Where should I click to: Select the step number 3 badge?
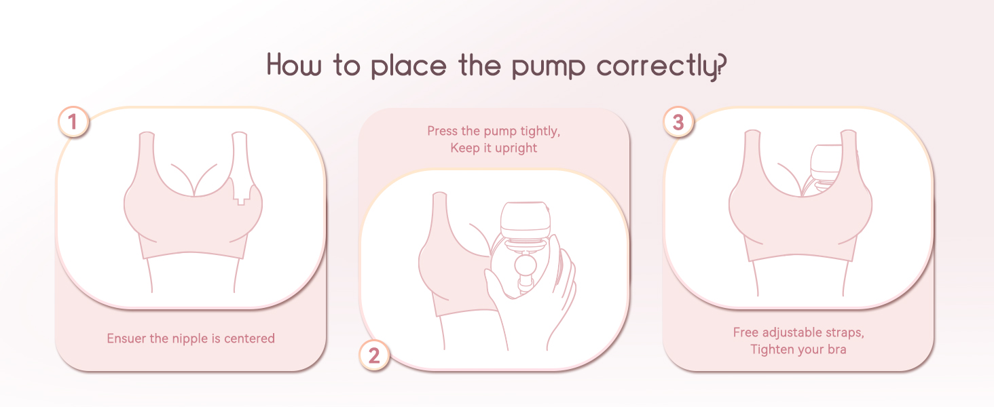coord(678,123)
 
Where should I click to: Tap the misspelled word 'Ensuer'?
coord(126,338)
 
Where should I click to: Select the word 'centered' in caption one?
coord(251,338)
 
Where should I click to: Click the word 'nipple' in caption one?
coord(190,338)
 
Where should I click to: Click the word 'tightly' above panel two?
coord(540,131)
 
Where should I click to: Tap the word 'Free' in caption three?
coord(746,332)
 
